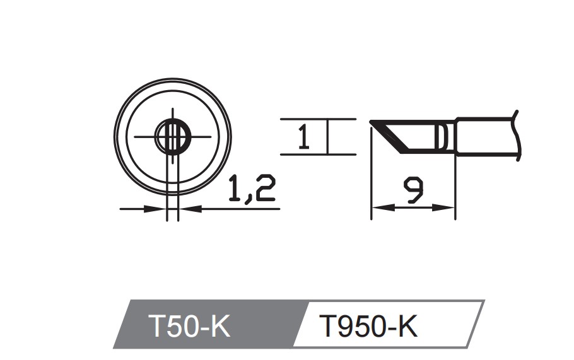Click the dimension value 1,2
[x=251, y=189]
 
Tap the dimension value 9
[x=414, y=190]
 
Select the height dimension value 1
[x=303, y=137]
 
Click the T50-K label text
[x=190, y=326]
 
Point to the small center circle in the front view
[x=172, y=136]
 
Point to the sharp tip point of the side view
[x=372, y=121]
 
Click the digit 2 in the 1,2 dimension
[x=264, y=189]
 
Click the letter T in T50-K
[x=156, y=326]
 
